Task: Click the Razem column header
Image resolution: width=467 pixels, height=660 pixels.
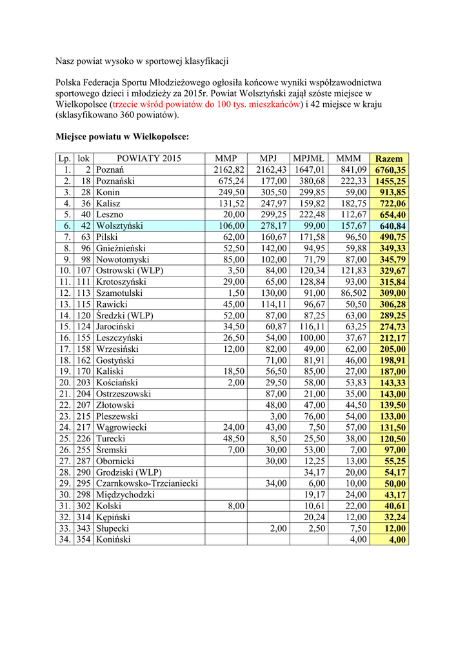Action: tap(388, 159)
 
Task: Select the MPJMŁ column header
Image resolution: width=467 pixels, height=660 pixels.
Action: tap(309, 159)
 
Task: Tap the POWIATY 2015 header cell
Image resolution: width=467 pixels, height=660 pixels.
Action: tap(149, 159)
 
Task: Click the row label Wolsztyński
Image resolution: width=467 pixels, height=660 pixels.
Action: tap(119, 226)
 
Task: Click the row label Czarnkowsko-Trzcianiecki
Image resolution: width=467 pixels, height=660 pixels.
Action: tap(146, 483)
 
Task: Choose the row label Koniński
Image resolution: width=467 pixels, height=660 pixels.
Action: tap(114, 539)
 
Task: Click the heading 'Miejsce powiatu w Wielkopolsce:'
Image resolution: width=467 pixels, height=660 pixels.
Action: tap(123, 137)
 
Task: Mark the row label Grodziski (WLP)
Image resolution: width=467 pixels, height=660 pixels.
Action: tap(128, 472)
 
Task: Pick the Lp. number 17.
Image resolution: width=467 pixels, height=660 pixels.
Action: tap(65, 349)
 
